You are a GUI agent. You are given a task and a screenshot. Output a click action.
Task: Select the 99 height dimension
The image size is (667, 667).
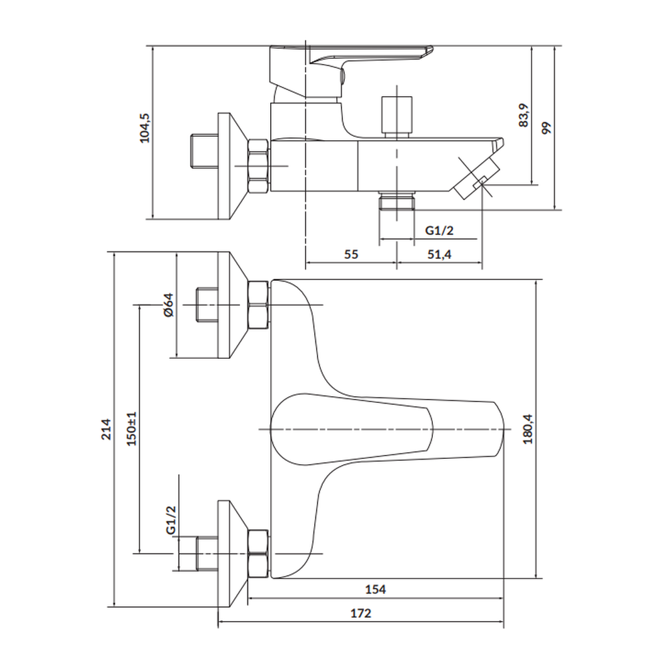(547, 127)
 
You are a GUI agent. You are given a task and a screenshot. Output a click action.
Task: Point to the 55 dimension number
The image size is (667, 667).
(352, 254)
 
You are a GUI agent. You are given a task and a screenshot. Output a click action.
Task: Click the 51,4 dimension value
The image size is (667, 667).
(440, 254)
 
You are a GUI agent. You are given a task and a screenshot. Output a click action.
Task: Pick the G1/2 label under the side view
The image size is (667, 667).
(440, 230)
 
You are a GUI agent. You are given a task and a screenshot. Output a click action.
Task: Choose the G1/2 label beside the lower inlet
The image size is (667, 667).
(171, 519)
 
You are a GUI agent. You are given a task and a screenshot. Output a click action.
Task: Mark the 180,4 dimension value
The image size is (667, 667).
(528, 428)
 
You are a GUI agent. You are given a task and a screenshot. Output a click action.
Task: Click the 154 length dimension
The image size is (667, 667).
(376, 589)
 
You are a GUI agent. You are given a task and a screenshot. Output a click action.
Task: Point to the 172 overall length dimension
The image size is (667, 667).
(361, 613)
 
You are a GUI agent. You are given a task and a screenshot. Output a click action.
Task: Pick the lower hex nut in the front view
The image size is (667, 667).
(258, 554)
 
